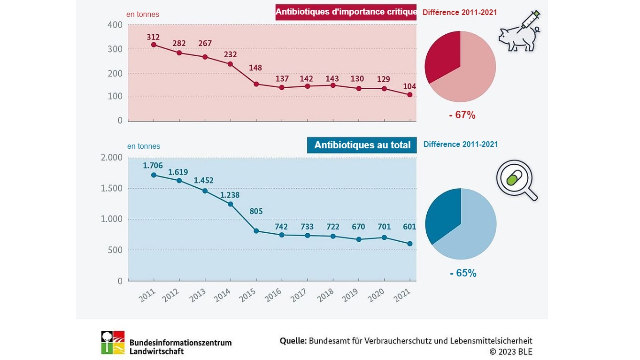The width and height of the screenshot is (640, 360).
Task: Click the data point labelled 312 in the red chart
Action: [x=154, y=45]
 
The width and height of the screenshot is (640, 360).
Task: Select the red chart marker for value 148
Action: [x=256, y=84]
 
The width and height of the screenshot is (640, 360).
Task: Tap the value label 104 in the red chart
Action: [x=409, y=86]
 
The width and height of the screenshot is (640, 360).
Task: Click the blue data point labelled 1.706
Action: [x=154, y=175]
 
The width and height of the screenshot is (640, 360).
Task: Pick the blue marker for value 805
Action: [x=256, y=231]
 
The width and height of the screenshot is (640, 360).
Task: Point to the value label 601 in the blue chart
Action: [x=409, y=227]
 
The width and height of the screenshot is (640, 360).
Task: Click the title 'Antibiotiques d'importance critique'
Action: [x=346, y=12]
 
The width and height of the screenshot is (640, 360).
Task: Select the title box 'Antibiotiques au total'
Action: [x=362, y=145]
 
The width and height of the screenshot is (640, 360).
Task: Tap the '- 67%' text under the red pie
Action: [x=462, y=115]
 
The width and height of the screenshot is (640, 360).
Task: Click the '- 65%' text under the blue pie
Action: [x=463, y=273]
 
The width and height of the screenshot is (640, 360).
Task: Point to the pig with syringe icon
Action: [x=519, y=32]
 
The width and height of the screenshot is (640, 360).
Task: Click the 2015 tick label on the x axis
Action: [x=247, y=296]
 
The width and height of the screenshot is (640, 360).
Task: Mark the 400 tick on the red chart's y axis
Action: [x=115, y=25]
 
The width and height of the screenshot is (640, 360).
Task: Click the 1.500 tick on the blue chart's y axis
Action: [x=112, y=188]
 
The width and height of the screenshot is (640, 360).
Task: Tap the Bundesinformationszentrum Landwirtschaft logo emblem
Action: [x=113, y=342]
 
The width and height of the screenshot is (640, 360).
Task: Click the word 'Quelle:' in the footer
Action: [x=293, y=341]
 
